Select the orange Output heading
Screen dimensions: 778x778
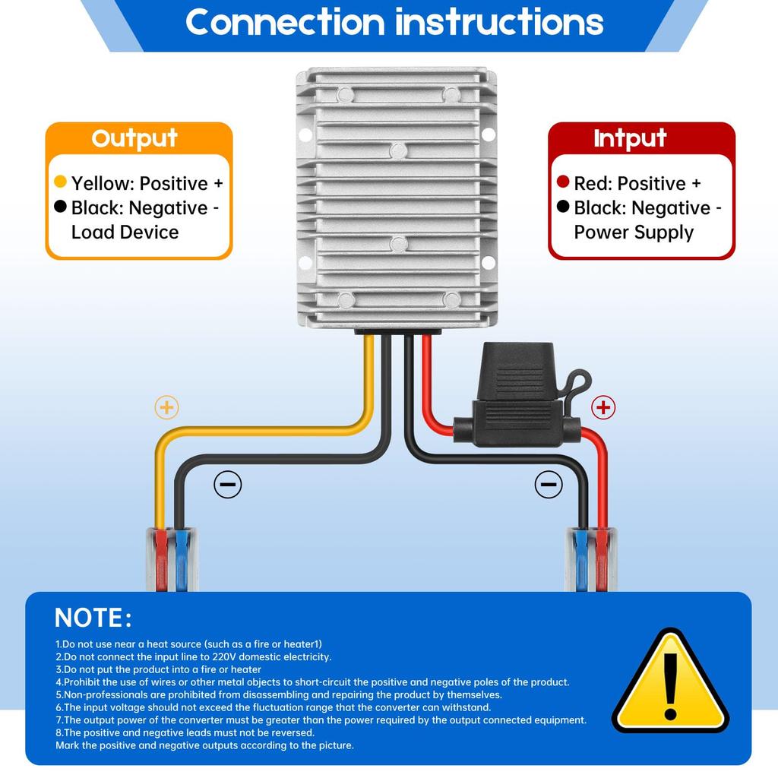pyautogui.click(x=134, y=138)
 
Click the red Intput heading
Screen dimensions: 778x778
pyautogui.click(x=630, y=138)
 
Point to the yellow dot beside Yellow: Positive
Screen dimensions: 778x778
pyautogui.click(x=61, y=182)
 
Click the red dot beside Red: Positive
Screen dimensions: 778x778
pyautogui.click(x=563, y=182)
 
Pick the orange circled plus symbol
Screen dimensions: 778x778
pyautogui.click(x=166, y=407)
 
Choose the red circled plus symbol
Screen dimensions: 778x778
pyautogui.click(x=603, y=408)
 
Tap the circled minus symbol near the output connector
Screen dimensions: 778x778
pyautogui.click(x=227, y=484)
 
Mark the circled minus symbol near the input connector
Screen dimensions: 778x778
pyautogui.click(x=549, y=484)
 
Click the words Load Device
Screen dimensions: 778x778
pyautogui.click(x=125, y=232)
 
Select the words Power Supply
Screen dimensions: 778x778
pyautogui.click(x=634, y=232)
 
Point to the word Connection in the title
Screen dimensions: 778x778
pyautogui.click(x=286, y=22)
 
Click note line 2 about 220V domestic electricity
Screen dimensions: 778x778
pyautogui.click(x=194, y=656)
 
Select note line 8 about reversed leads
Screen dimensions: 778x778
pyautogui.click(x=185, y=732)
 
